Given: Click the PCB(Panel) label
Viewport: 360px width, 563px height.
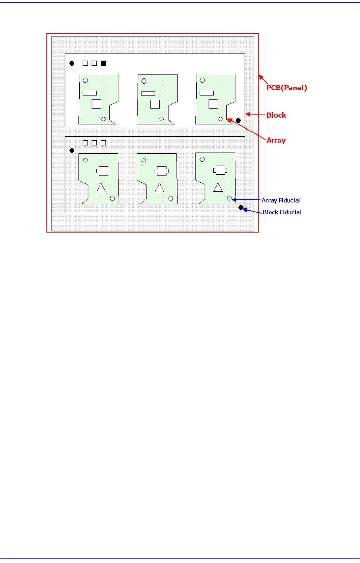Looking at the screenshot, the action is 287,88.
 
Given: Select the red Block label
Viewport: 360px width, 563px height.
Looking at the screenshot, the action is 276,115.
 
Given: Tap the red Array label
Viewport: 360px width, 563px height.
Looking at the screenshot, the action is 276,140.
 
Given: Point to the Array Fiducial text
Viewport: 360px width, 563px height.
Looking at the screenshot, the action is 281,200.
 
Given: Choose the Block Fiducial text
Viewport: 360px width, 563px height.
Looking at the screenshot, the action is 281,212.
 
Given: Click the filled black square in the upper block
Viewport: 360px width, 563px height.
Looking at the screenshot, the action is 103,63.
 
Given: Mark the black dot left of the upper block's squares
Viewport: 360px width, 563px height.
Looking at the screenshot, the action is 72,63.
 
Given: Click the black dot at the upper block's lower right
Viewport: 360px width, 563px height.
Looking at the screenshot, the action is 238,120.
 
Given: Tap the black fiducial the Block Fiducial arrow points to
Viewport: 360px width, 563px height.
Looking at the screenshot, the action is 241,207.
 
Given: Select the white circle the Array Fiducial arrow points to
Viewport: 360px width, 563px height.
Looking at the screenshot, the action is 229,198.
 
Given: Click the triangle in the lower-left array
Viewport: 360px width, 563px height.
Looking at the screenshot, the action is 101,188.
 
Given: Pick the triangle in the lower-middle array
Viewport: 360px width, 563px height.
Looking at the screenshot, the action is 159,188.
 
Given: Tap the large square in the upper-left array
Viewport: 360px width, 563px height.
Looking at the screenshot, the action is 96,104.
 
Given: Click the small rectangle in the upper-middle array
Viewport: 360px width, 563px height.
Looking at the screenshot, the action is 148,94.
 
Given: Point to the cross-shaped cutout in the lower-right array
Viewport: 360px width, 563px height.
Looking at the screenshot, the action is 220,170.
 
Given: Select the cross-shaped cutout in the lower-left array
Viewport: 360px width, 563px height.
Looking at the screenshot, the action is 103,171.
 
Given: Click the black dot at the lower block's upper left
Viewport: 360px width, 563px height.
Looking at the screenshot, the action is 72,151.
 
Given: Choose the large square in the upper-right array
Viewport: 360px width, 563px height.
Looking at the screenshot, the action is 213,104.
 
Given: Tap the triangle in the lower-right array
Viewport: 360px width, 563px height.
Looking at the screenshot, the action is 218,187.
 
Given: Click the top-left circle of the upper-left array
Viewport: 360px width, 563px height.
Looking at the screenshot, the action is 85,80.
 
